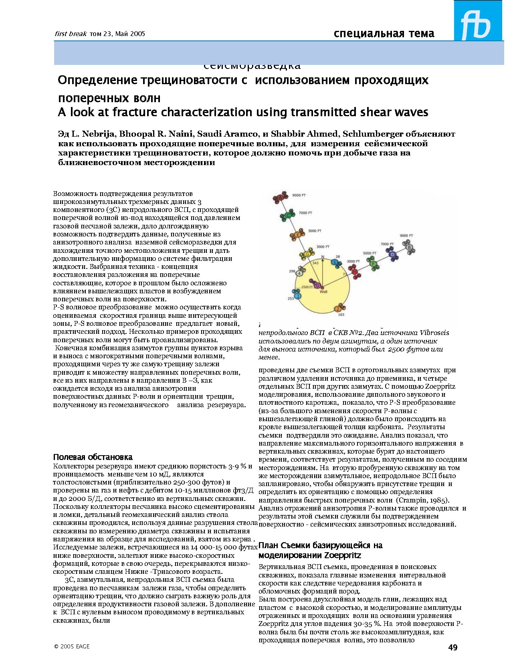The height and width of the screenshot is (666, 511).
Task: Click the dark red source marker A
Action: (x=281, y=197)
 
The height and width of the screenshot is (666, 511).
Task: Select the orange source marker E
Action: (x=297, y=235)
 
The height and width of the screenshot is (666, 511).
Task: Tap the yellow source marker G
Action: (x=307, y=254)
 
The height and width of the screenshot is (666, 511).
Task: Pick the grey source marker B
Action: (x=409, y=248)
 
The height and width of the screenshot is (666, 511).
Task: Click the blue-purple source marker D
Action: (x=392, y=254)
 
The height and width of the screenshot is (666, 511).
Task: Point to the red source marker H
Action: (x=355, y=272)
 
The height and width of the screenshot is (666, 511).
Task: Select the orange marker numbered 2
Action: (x=338, y=308)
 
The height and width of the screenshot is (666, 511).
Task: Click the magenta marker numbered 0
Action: (x=317, y=285)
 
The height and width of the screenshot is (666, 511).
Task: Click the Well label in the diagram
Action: (x=323, y=291)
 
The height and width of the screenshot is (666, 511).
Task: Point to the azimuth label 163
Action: (x=341, y=315)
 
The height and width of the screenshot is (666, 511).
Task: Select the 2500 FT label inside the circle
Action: (x=307, y=287)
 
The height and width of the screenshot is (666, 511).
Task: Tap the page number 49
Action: (x=452, y=648)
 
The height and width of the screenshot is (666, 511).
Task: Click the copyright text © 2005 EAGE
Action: (x=72, y=646)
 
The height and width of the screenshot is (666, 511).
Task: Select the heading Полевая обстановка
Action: (x=93, y=457)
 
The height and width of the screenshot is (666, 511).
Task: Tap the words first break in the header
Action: (x=71, y=34)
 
